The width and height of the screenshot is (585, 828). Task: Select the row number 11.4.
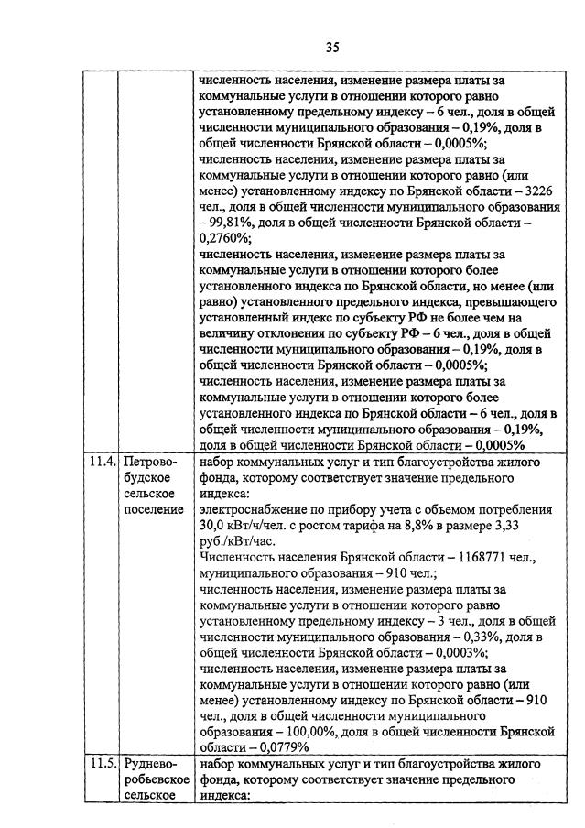103,463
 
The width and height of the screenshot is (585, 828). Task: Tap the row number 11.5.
103,762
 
